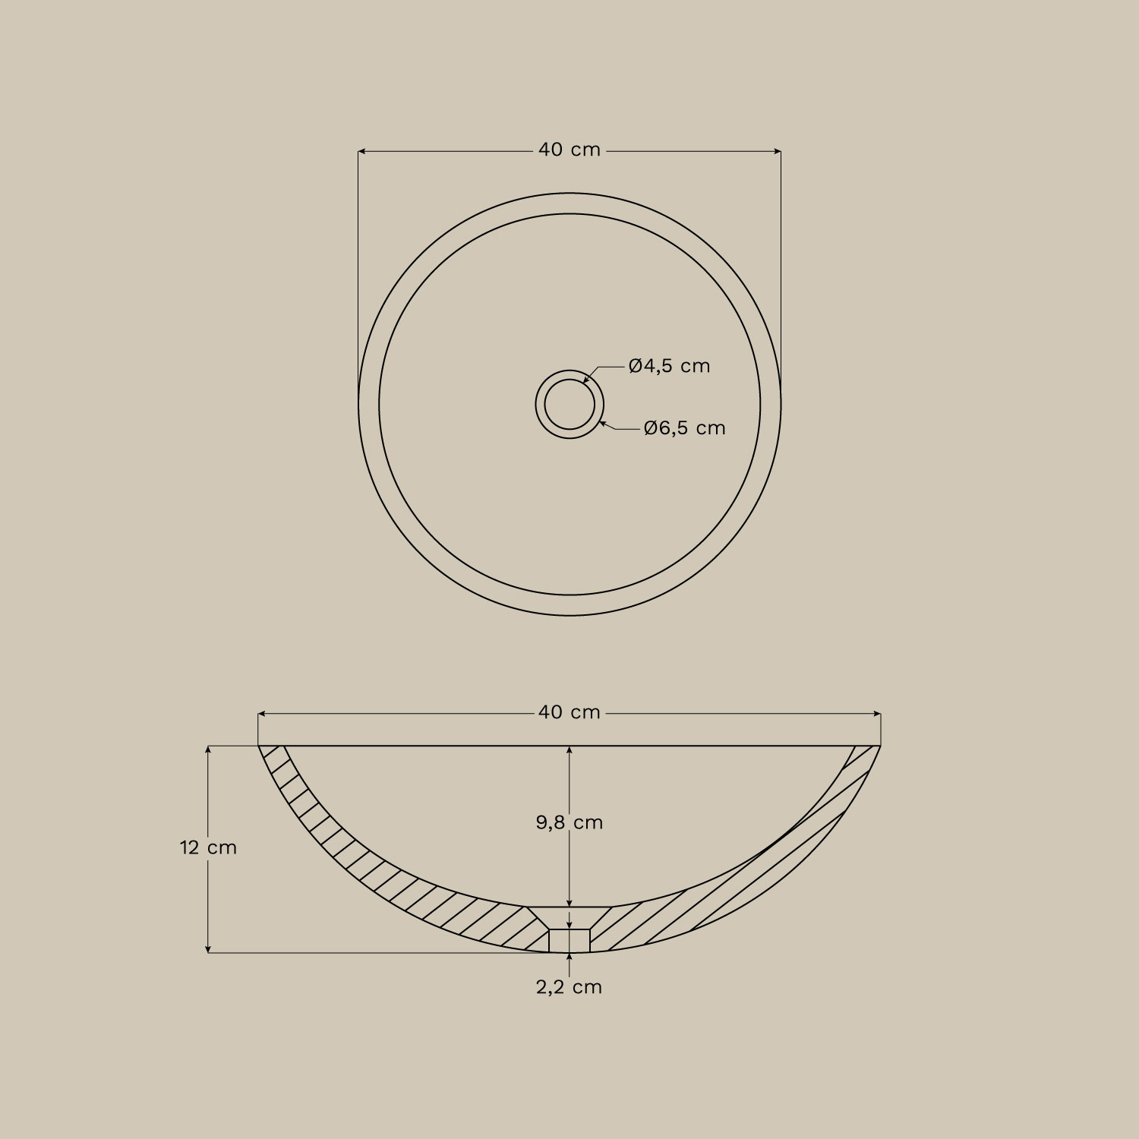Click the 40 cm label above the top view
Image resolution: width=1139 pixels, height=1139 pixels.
tap(569, 150)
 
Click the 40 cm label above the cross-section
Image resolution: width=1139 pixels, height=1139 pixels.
tap(569, 713)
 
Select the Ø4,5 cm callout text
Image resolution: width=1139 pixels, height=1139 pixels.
tap(669, 366)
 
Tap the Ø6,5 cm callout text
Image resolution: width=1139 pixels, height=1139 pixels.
tap(684, 428)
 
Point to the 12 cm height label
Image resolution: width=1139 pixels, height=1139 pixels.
tap(208, 847)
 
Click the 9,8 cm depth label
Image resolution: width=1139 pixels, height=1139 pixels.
tap(569, 822)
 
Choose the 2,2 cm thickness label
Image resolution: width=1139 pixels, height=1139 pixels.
tap(569, 987)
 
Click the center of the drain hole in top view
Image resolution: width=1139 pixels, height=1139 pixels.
tap(569, 404)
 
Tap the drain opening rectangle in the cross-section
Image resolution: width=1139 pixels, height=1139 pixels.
tap(569, 940)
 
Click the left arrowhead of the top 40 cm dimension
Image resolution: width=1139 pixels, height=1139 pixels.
tap(361, 152)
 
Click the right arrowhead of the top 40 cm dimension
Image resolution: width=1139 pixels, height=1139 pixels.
tap(778, 152)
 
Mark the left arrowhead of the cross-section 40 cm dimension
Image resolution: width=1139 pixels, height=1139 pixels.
tap(262, 714)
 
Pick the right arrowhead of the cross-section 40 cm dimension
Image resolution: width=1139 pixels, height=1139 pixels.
tap(877, 714)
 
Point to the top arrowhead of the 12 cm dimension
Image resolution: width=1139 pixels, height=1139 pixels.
tap(208, 749)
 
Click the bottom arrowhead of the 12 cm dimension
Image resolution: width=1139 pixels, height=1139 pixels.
tap(208, 948)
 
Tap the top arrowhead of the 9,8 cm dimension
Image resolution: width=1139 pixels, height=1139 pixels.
tap(569, 749)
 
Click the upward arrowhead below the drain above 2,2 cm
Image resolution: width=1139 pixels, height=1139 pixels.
tap(569, 957)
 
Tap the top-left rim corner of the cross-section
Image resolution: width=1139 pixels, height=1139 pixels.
tap(259, 746)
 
